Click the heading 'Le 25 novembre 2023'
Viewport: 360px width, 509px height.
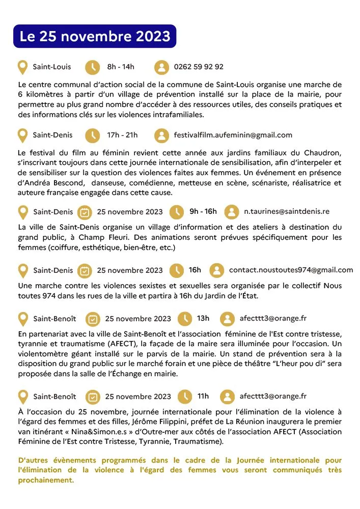[95, 37]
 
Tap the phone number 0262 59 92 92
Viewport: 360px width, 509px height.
[199, 67]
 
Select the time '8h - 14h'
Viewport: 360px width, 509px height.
[121, 67]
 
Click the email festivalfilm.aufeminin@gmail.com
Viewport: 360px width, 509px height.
[233, 135]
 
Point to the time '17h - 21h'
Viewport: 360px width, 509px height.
[122, 135]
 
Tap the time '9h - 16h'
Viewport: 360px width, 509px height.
[203, 211]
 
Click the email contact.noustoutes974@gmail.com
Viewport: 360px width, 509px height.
[291, 270]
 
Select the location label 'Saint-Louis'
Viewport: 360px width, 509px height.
[52, 67]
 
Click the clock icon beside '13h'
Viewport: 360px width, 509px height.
[184, 319]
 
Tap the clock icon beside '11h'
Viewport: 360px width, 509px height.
[184, 396]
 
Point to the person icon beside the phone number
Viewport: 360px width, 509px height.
[161, 67]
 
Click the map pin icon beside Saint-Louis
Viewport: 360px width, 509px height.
[22, 67]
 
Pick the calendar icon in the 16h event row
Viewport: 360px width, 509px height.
[85, 270]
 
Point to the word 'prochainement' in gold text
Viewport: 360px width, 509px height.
[46, 480]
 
